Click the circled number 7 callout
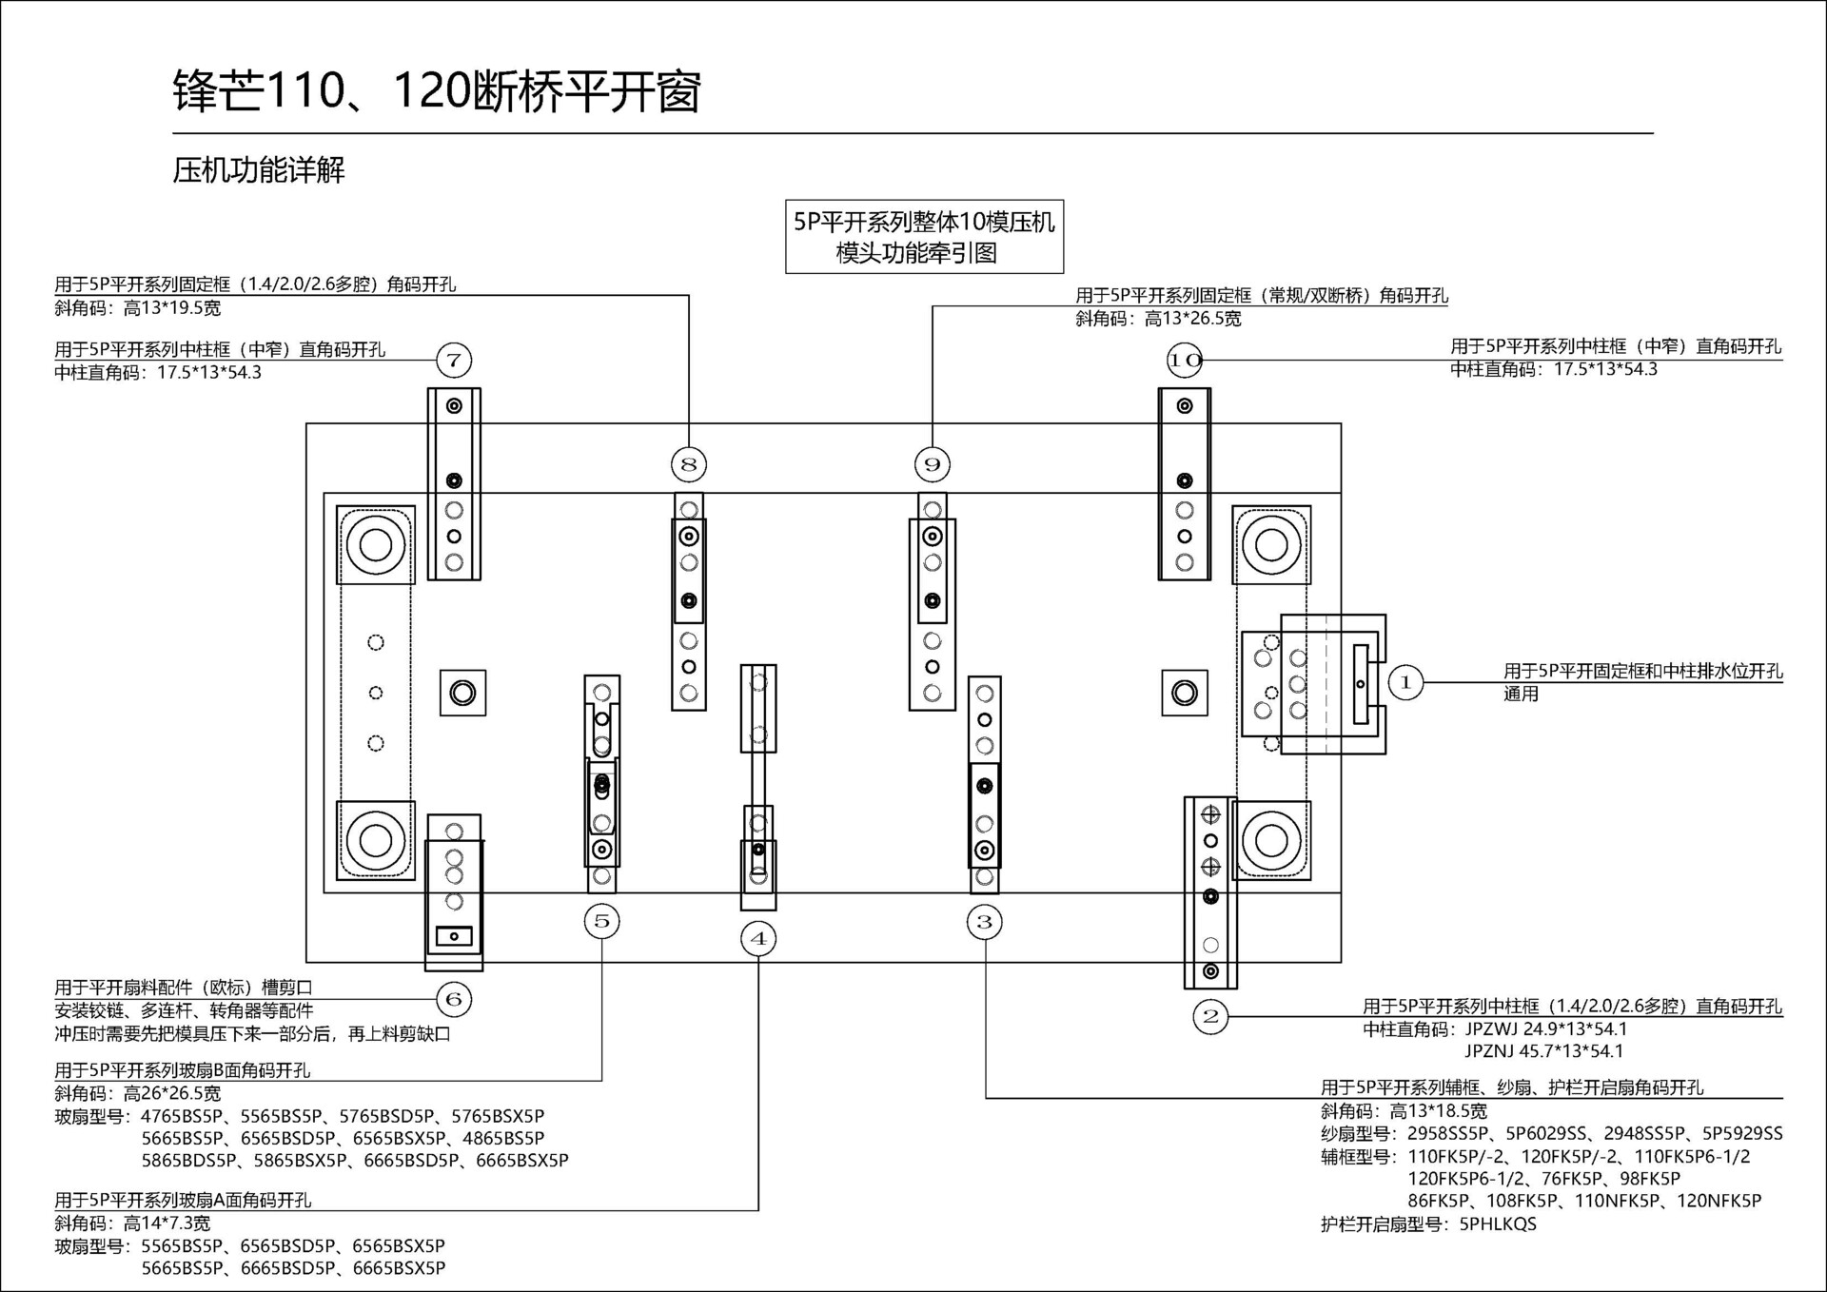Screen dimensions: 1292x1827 click(x=454, y=361)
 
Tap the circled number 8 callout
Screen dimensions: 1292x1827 click(x=689, y=464)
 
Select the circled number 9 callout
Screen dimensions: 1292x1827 click(x=933, y=464)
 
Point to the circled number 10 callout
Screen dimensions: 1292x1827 click(x=1185, y=361)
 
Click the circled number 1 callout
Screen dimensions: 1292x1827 click(x=1405, y=682)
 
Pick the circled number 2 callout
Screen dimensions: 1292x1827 click(x=1210, y=1016)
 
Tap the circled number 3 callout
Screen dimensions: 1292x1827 click(x=985, y=921)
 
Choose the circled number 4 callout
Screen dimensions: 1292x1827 click(x=758, y=939)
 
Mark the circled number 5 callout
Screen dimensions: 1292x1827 click(x=601, y=921)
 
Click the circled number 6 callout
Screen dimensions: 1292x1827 click(x=454, y=999)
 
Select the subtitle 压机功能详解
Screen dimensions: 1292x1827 click(x=259, y=170)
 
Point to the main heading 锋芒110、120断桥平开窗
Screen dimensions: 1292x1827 click(x=437, y=92)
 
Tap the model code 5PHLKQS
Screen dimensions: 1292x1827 click(x=1498, y=1224)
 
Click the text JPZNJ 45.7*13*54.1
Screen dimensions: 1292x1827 click(x=1543, y=1051)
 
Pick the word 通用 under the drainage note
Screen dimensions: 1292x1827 click(x=1521, y=694)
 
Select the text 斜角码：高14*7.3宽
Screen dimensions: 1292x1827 click(x=132, y=1223)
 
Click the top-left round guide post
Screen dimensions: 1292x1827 click(x=376, y=545)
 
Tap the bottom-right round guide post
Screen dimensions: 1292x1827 click(x=1271, y=840)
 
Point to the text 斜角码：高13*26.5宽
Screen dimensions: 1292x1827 click(x=1158, y=319)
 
